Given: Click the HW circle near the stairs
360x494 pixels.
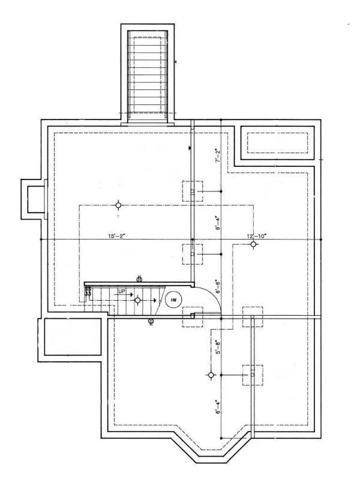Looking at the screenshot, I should (x=173, y=300).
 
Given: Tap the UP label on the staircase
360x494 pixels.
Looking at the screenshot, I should (x=122, y=292).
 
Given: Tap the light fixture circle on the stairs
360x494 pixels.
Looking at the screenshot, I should (x=137, y=300).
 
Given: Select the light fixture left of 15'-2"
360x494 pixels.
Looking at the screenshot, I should (x=118, y=205).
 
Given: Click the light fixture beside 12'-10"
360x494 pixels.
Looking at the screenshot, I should (x=254, y=244).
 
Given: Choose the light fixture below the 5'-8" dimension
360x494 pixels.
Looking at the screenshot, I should (x=211, y=375).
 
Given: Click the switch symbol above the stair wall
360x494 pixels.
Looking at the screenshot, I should (x=139, y=278).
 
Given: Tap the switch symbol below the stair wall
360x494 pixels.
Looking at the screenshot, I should (x=151, y=321).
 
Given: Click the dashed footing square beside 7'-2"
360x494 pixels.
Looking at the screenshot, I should (x=193, y=191).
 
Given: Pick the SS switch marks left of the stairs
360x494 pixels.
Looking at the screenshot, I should (x=88, y=292).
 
